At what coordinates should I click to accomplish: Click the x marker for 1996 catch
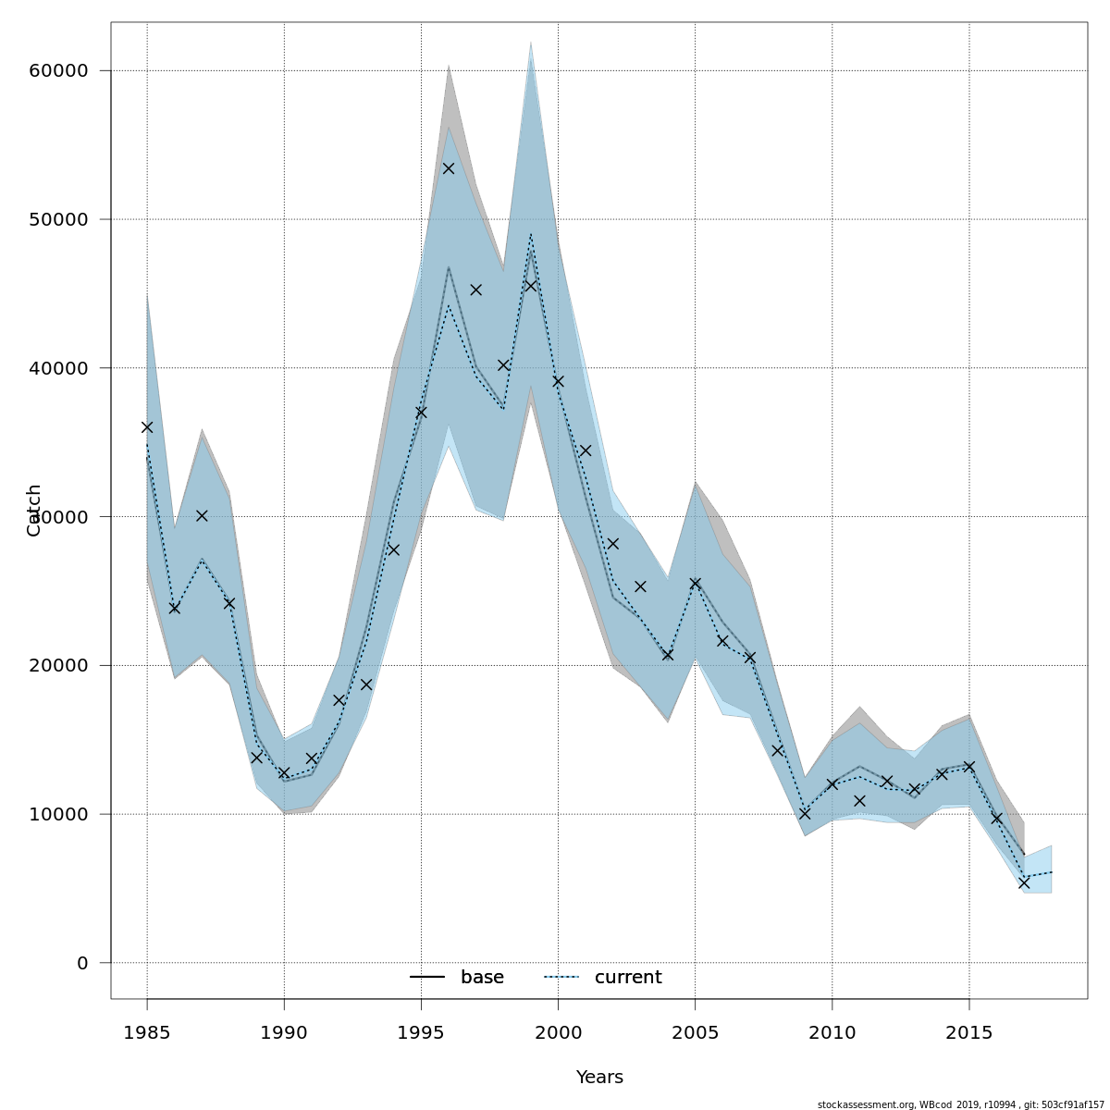pyautogui.click(x=449, y=168)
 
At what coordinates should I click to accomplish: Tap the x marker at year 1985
pyautogui.click(x=147, y=427)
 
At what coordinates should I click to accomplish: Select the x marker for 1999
pyautogui.click(x=531, y=286)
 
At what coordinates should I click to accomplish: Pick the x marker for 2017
pyautogui.click(x=1024, y=882)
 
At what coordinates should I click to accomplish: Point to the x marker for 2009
pyautogui.click(x=805, y=814)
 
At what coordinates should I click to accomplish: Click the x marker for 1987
pyautogui.click(x=202, y=515)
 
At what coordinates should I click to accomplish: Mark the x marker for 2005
pyautogui.click(x=696, y=584)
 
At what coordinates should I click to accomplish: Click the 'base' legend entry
pyautogui.click(x=458, y=978)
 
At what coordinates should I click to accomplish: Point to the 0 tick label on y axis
pyautogui.click(x=81, y=963)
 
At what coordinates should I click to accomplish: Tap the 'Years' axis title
pyautogui.click(x=599, y=1078)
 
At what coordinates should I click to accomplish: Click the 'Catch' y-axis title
pyautogui.click(x=34, y=510)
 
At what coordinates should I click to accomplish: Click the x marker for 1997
pyautogui.click(x=475, y=290)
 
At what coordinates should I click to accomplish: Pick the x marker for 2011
pyautogui.click(x=859, y=801)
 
